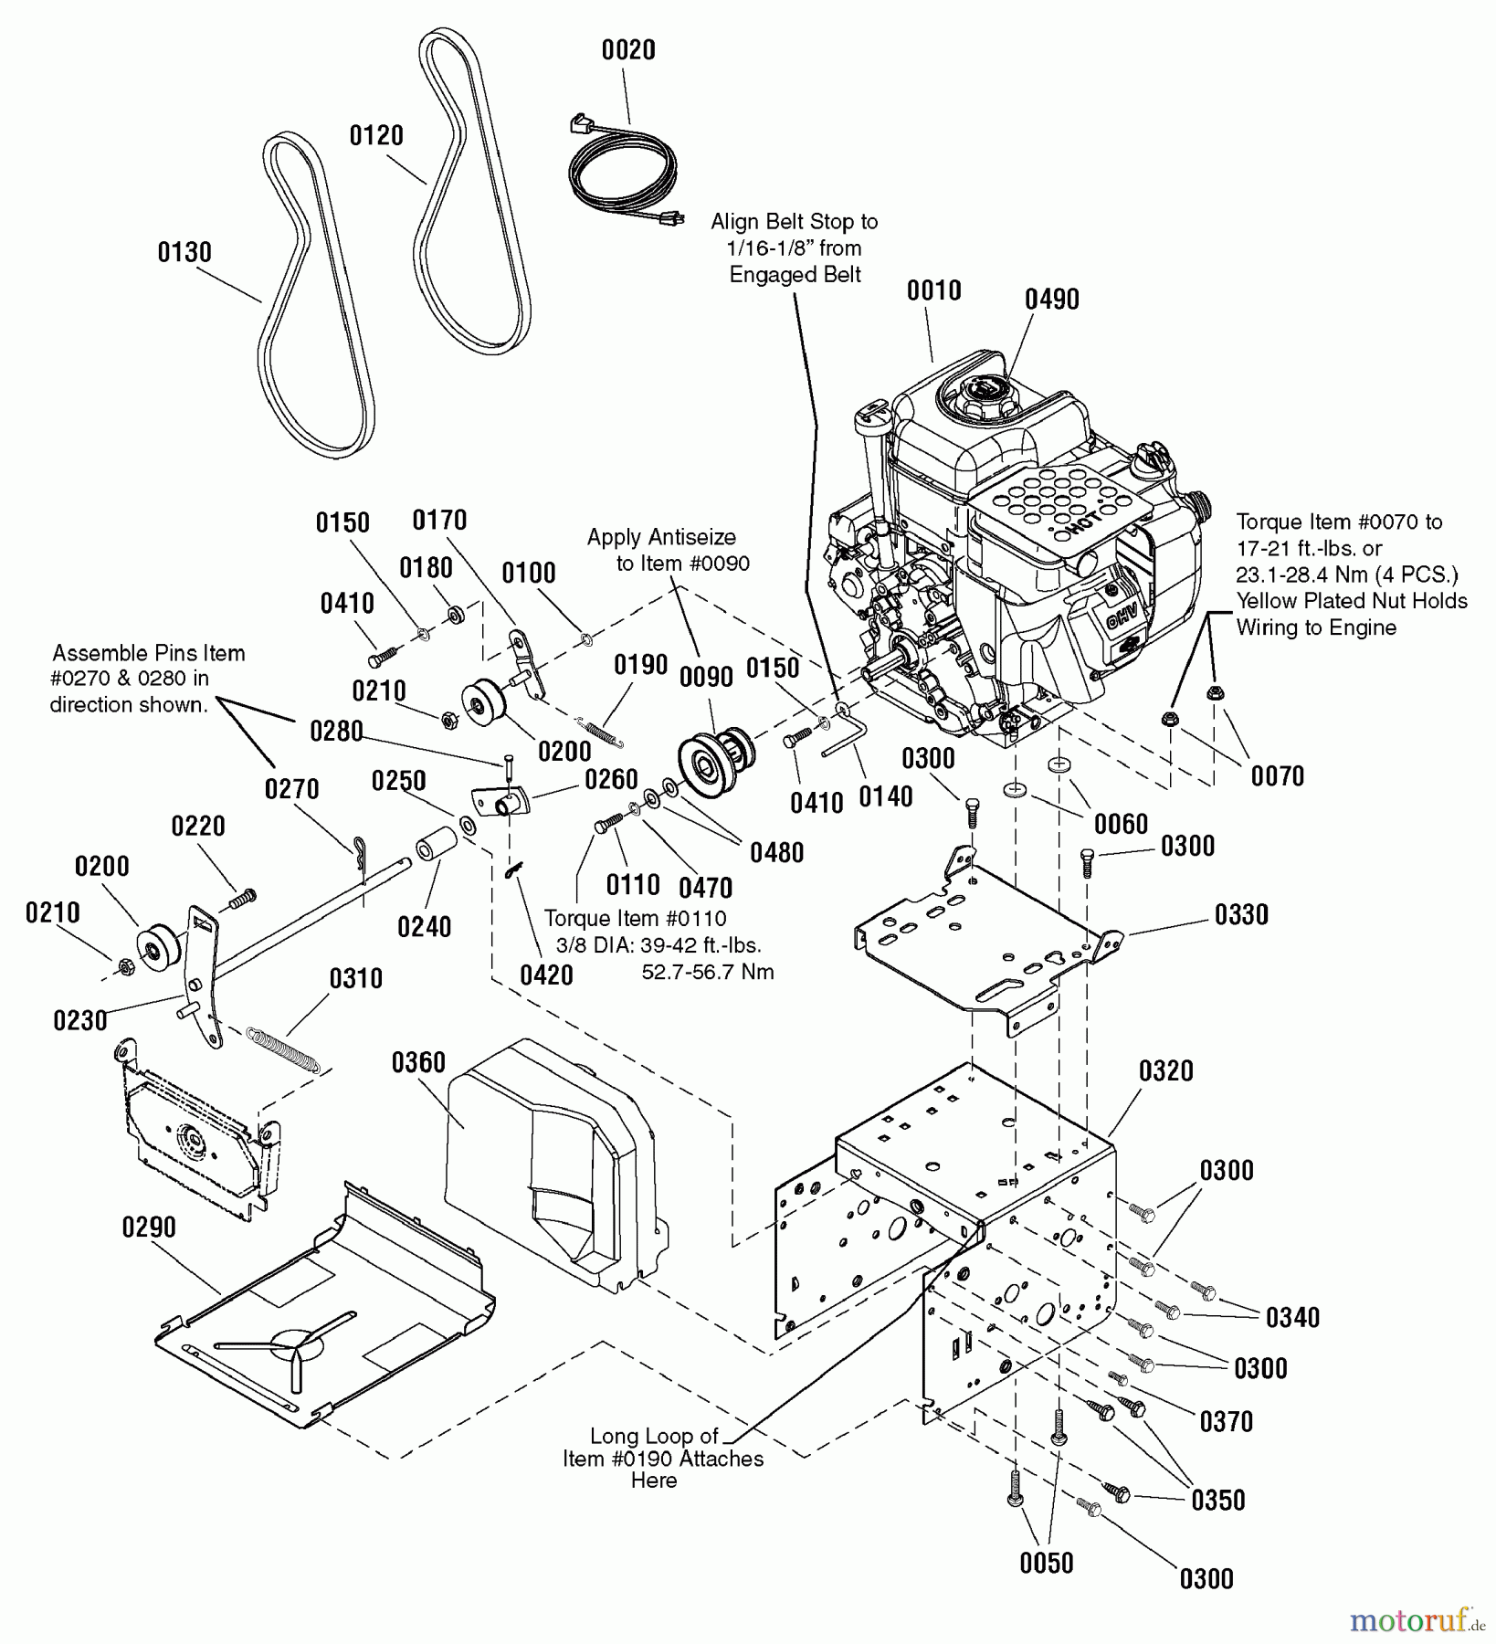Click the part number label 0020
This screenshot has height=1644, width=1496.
(628, 50)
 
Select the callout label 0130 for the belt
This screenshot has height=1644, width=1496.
(184, 253)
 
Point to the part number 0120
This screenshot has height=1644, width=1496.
(376, 136)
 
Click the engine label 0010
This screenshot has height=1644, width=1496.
(933, 291)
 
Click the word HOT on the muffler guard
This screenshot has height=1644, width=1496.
(1080, 522)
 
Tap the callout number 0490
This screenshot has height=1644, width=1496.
(1051, 300)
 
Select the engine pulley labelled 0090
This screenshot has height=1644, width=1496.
(717, 750)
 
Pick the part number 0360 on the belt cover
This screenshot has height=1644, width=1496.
(418, 1063)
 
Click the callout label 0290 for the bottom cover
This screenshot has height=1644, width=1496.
(149, 1228)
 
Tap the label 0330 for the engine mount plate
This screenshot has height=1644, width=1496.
(1241, 915)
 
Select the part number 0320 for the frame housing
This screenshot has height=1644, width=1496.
(1166, 1071)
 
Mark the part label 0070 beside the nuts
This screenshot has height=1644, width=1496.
(1277, 776)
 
